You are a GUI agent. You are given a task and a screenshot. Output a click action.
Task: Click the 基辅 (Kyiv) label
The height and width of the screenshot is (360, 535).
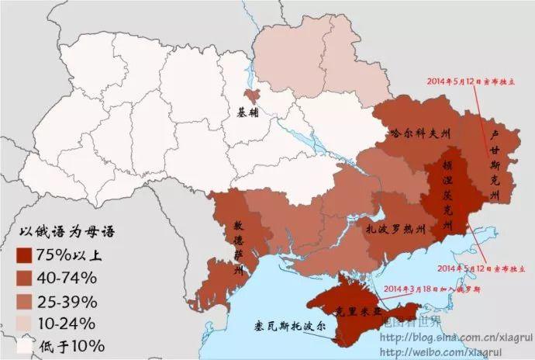point(251,112)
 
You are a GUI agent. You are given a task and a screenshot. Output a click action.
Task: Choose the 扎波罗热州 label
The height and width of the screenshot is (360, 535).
point(397,230)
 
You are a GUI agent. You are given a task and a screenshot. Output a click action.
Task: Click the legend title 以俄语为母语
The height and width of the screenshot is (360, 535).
point(58,232)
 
